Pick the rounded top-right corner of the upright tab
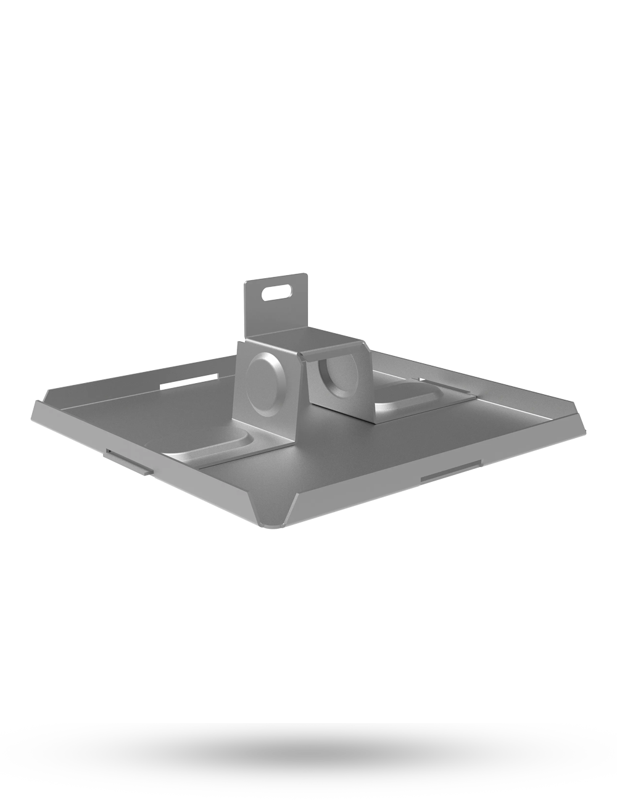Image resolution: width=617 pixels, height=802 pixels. pyautogui.click(x=305, y=278)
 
